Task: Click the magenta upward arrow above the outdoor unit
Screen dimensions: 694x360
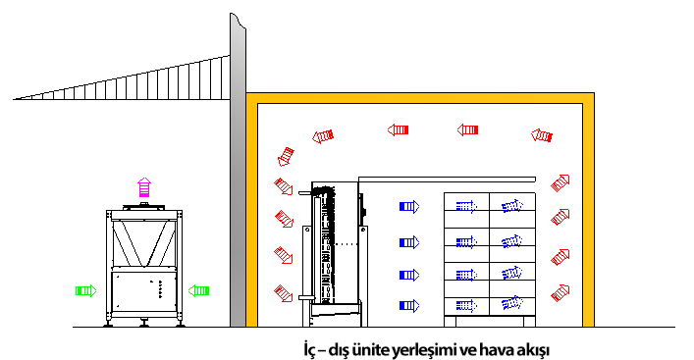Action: [x=144, y=187]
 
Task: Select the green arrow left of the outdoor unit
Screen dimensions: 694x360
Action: [x=85, y=290]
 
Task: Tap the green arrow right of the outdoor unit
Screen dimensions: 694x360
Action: [x=198, y=290]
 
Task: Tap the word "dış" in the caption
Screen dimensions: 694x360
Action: [x=339, y=351]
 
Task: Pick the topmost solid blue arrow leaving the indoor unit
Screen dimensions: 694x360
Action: [x=409, y=207]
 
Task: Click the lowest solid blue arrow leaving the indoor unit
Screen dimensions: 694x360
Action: [x=409, y=306]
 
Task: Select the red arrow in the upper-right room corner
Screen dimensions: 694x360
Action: [x=542, y=135]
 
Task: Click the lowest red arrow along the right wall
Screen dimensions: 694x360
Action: [x=560, y=292]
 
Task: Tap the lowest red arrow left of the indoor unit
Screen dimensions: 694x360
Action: [x=284, y=293]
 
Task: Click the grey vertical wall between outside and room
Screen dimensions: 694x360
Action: [x=238, y=171]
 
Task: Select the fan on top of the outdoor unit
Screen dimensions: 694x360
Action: [x=143, y=206]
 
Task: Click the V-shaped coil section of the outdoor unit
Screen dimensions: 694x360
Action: [x=144, y=243]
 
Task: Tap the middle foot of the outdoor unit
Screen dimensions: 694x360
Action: [x=144, y=322]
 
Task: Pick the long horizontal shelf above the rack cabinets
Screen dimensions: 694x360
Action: [x=447, y=180]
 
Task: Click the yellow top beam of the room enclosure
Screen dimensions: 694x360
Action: [x=420, y=98]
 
